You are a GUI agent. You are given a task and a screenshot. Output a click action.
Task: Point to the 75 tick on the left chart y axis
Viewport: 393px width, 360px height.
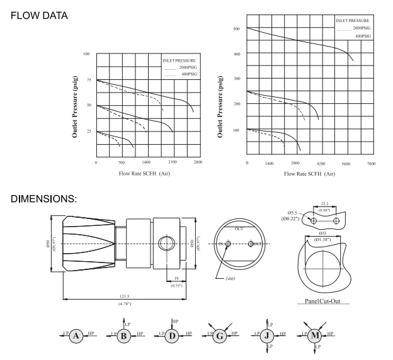[x=89, y=81]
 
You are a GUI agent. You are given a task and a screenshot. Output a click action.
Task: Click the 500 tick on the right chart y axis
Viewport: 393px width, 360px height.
[x=237, y=29]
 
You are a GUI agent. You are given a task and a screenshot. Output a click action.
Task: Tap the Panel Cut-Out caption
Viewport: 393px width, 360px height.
[x=322, y=301]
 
